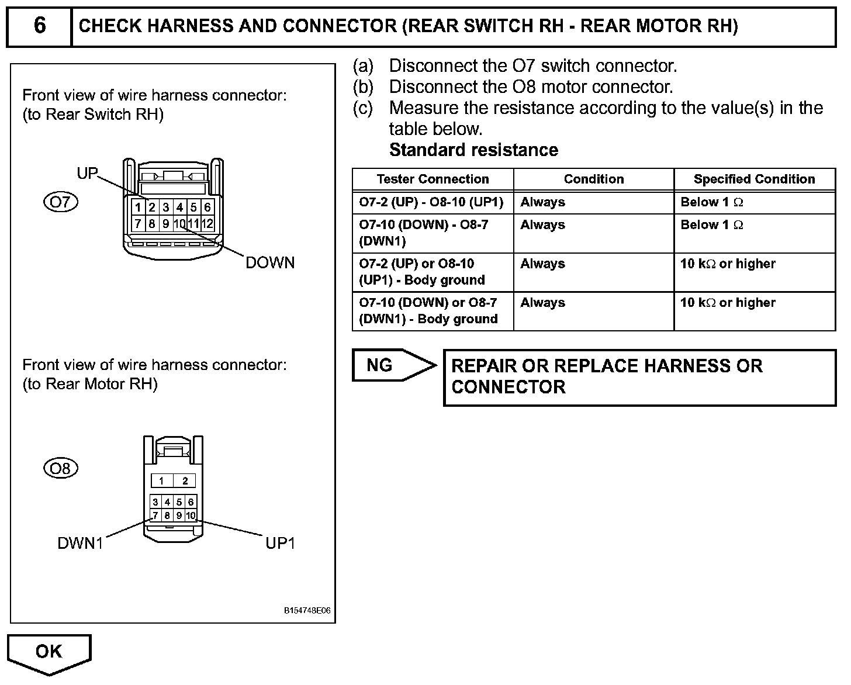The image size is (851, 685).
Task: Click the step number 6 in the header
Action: tap(39, 26)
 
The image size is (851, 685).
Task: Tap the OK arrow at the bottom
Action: tap(49, 652)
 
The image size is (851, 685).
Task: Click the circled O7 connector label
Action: tap(60, 202)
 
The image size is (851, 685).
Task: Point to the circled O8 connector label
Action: tap(60, 468)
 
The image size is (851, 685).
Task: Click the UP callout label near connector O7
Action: tap(88, 173)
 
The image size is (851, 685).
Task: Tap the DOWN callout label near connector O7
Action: tap(270, 263)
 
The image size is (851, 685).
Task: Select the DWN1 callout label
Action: tap(80, 544)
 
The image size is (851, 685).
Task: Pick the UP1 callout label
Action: tap(280, 544)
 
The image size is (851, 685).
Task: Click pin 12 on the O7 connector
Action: tap(207, 223)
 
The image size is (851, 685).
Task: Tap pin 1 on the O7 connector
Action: tap(138, 207)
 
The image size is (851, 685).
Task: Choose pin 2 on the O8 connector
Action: tap(185, 481)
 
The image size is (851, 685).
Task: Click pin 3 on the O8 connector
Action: tap(155, 502)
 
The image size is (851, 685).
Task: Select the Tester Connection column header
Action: tap(433, 179)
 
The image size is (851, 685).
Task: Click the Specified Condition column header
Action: tap(754, 179)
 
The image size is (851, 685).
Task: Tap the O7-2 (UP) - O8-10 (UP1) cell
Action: tap(431, 202)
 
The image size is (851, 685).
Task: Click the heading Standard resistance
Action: tap(473, 150)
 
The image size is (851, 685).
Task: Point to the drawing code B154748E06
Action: tap(307, 611)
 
